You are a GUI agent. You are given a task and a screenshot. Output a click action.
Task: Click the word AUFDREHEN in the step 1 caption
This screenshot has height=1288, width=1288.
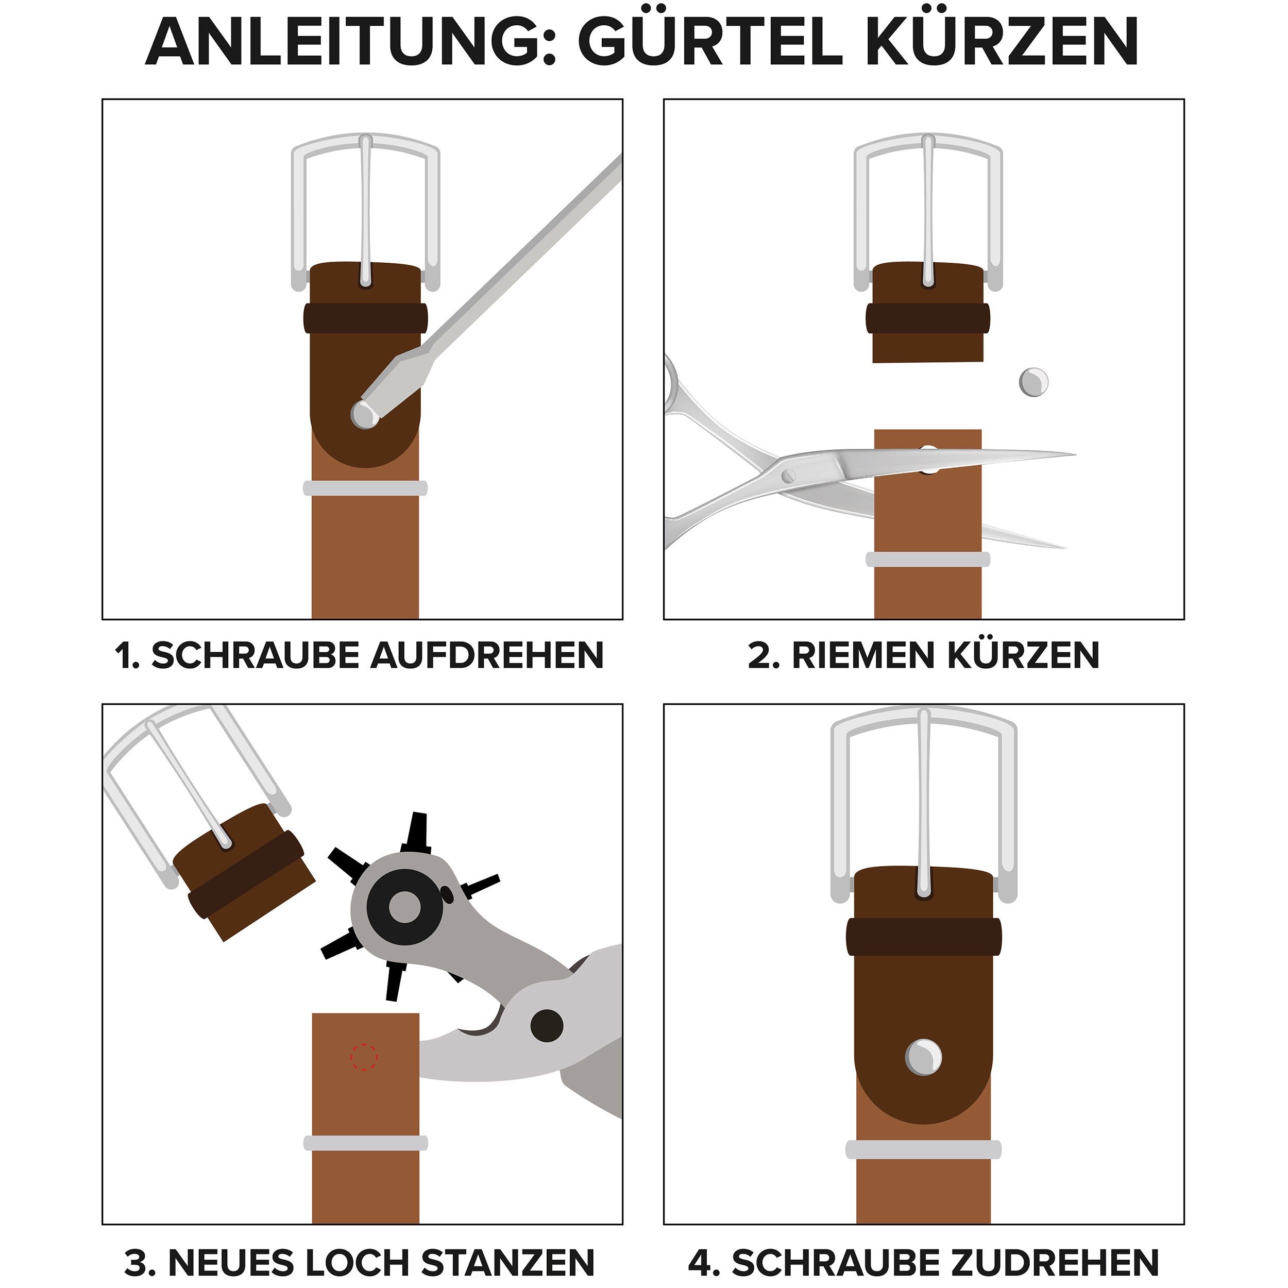tap(487, 655)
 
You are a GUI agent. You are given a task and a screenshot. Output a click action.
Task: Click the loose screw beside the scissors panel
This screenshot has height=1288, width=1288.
tap(1033, 382)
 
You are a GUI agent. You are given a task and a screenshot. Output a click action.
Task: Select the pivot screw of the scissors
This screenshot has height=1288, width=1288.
tap(789, 476)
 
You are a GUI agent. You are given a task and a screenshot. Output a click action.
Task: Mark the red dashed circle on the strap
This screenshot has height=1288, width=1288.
tap(364, 1057)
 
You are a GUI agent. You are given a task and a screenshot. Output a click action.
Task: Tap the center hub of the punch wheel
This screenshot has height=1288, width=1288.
tap(404, 907)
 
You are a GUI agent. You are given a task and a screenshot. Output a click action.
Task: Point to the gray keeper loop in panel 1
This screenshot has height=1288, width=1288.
tap(365, 488)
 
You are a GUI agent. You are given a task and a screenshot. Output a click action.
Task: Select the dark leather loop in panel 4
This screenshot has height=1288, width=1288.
tap(923, 934)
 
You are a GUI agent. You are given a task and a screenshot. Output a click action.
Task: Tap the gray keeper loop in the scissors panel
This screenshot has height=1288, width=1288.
tap(927, 558)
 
